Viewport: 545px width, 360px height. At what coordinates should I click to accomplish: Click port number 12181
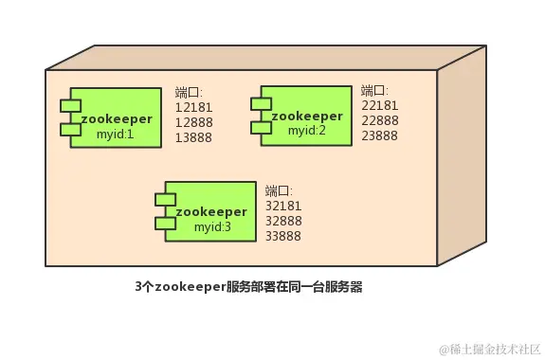click(x=194, y=107)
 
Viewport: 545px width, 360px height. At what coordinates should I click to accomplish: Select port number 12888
click(x=194, y=122)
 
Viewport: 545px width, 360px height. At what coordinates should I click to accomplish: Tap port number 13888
click(x=194, y=137)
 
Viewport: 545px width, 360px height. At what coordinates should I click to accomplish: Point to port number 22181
click(x=380, y=105)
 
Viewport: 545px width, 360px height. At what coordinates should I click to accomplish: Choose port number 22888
click(x=380, y=120)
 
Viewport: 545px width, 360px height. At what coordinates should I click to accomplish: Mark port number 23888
click(x=380, y=135)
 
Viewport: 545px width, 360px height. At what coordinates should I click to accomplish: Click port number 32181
click(x=284, y=205)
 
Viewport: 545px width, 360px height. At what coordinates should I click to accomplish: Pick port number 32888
click(x=284, y=220)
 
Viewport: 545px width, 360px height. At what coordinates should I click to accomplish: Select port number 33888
click(x=284, y=235)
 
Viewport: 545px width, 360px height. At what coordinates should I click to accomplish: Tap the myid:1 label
click(x=116, y=135)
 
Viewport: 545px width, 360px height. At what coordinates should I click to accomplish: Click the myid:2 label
click(x=306, y=131)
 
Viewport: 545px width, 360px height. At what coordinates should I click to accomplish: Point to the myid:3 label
click(x=212, y=227)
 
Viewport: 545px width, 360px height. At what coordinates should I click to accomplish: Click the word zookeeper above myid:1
click(x=117, y=119)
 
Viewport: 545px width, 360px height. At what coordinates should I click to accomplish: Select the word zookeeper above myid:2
click(x=306, y=116)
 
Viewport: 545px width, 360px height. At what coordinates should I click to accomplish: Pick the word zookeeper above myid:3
click(x=212, y=211)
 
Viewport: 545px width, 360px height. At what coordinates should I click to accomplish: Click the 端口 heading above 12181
click(x=189, y=92)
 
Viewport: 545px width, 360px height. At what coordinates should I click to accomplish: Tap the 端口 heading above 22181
click(x=374, y=90)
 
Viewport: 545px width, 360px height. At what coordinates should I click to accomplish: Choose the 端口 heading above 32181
click(x=279, y=189)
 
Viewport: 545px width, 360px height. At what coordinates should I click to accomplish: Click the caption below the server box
click(x=248, y=285)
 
